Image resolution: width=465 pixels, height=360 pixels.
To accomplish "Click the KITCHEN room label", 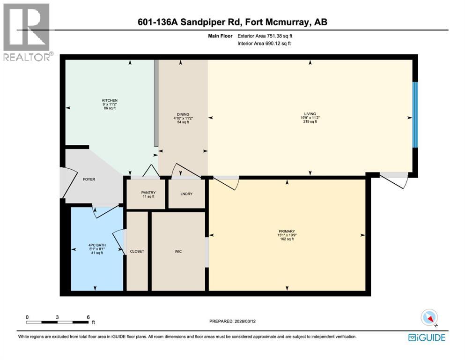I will click(110, 100).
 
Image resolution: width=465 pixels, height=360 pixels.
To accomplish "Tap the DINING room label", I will click(183, 114).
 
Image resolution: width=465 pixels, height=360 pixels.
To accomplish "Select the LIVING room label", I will click(309, 113).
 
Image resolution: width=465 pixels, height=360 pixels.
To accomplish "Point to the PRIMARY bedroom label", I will click(287, 231).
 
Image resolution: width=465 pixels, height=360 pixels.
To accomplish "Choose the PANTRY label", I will click(148, 193).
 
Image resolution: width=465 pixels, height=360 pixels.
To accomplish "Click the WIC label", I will click(178, 251).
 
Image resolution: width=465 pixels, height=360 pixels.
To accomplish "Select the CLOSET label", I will click(137, 251).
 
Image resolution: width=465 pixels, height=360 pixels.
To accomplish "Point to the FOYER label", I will click(89, 179).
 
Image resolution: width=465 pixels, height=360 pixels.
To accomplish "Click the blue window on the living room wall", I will click(414, 115).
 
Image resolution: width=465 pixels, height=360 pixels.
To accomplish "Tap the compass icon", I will click(429, 318).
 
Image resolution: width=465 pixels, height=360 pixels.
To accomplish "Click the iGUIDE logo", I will click(426, 337).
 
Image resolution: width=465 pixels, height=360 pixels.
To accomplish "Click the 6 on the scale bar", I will click(88, 317).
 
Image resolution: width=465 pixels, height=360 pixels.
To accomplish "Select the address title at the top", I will click(232, 22).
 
